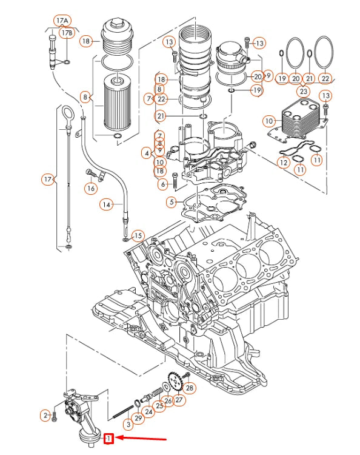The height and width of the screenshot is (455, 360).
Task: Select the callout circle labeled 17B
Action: point(68,32)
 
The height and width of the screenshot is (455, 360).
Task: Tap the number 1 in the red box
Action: point(109,437)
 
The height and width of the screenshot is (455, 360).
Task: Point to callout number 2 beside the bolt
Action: point(45,416)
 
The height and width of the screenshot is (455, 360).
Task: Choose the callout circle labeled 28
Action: point(189,388)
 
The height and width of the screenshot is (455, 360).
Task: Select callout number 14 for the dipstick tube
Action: point(107,205)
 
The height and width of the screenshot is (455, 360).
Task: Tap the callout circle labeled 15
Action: point(138,235)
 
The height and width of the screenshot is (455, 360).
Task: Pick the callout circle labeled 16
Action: point(90,188)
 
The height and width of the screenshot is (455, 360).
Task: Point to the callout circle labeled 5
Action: point(173,201)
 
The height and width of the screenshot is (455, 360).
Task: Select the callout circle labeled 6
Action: point(162,184)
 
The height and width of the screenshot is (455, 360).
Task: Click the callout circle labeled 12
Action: point(283,163)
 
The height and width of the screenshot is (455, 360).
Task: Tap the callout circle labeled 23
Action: point(302,91)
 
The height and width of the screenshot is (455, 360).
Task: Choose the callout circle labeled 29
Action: point(139,419)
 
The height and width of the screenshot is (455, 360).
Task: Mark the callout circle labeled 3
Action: point(128,424)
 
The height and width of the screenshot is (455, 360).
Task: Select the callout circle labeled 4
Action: point(147,153)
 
